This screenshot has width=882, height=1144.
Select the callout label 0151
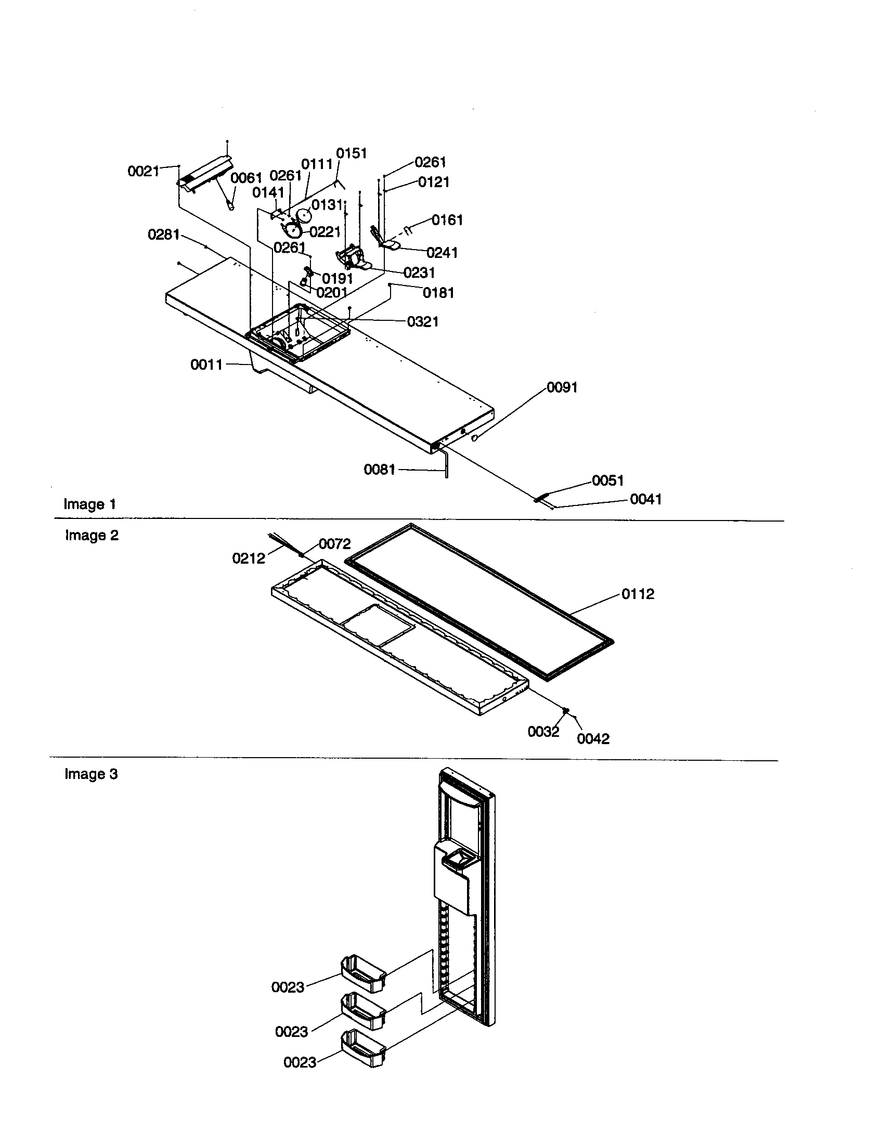coord(352,153)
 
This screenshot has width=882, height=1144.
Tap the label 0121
coord(434,182)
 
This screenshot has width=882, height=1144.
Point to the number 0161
coord(447,219)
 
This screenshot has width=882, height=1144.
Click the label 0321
coord(423,321)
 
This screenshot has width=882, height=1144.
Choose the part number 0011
coord(206,365)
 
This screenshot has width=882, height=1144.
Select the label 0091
coord(562,387)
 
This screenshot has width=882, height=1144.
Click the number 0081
coord(380,470)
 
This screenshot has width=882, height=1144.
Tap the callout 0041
coord(646,499)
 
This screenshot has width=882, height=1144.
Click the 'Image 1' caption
coord(89,504)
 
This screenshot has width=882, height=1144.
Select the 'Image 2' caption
coord(92,535)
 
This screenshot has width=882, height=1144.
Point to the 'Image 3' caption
coord(91,774)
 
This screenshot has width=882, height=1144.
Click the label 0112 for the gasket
coord(638,594)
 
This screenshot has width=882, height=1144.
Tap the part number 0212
coord(249,558)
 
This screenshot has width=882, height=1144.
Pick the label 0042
coord(593,738)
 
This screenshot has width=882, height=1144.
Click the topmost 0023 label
coord(288,987)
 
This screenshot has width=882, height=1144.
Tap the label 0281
coord(163,235)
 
